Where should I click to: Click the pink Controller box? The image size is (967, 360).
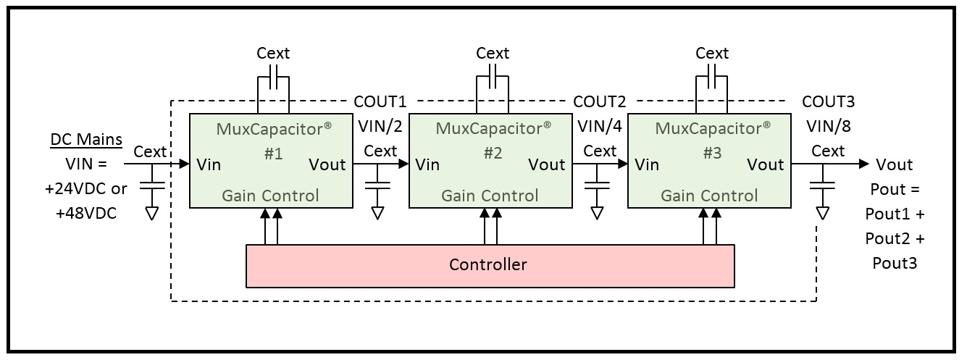[x=490, y=266]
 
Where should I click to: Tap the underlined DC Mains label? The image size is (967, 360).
[x=86, y=139]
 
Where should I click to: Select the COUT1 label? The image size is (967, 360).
[x=380, y=101]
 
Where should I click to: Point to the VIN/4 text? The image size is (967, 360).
[x=600, y=126]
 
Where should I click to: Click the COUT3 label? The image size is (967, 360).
[x=828, y=101]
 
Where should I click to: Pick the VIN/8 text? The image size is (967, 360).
[x=829, y=126]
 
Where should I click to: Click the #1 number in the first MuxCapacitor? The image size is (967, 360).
[x=273, y=154]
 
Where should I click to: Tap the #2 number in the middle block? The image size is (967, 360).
[x=493, y=153]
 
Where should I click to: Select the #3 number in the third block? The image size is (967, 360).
[x=712, y=153]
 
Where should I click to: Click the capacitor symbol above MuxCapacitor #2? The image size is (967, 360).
[x=493, y=77]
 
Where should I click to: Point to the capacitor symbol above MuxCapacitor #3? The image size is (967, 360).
[x=712, y=77]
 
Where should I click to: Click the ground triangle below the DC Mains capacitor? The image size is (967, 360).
[x=152, y=214]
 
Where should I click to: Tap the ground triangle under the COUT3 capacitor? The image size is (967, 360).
[x=822, y=214]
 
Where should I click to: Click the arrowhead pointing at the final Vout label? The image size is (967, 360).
[x=864, y=164]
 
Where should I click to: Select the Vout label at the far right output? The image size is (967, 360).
[x=895, y=164]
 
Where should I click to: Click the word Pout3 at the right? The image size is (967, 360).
[x=895, y=263]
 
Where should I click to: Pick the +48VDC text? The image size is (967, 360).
[x=86, y=213]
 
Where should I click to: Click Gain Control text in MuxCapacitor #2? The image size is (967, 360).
[x=490, y=196]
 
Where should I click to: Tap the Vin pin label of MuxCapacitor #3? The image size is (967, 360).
[x=647, y=164]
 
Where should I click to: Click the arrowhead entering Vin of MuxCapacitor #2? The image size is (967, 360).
[x=403, y=164]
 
